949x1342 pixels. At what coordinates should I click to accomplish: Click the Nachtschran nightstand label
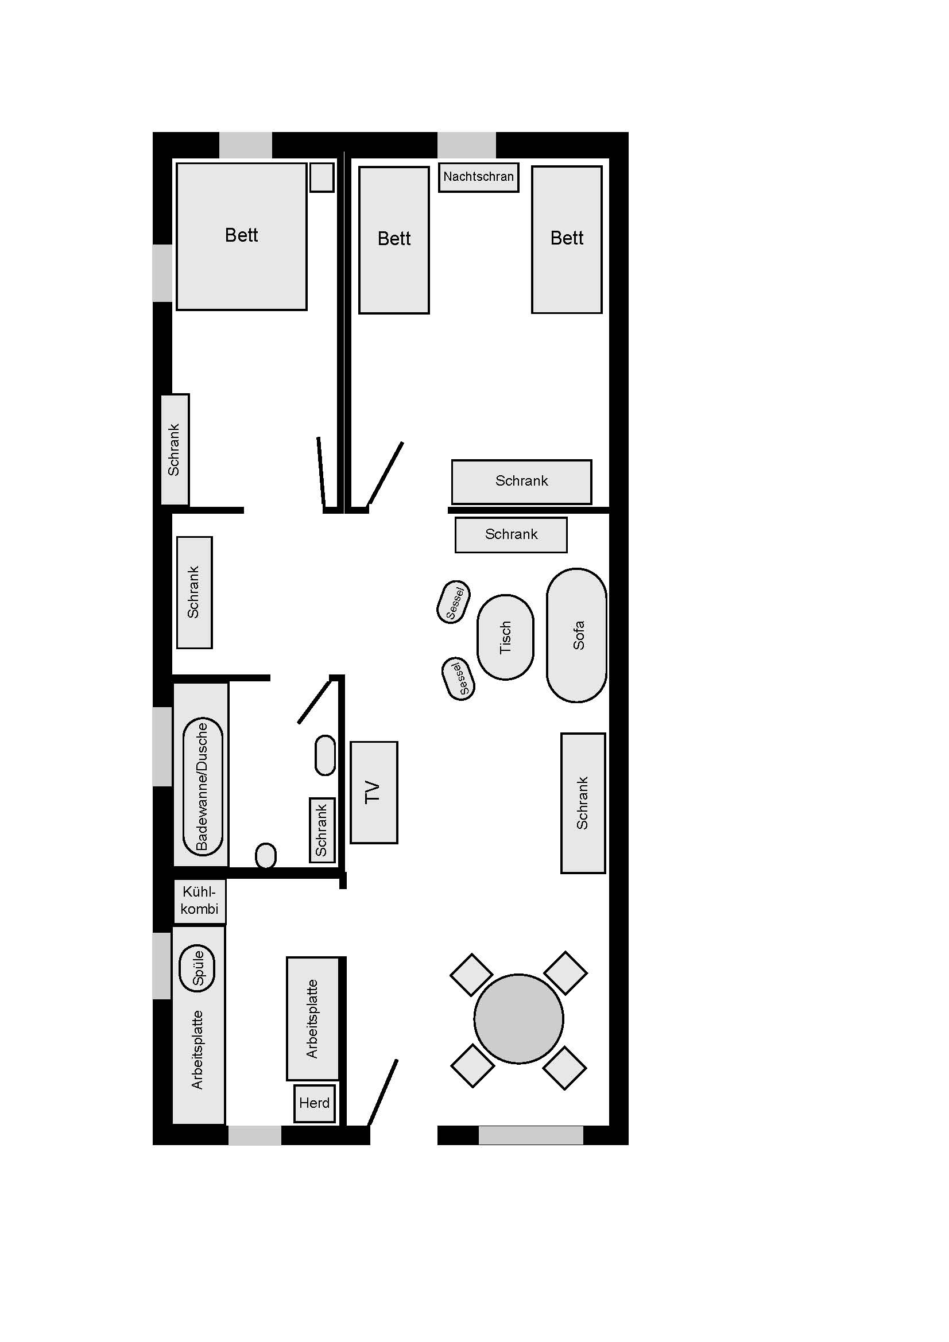[478, 177]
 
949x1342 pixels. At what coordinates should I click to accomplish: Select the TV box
[374, 792]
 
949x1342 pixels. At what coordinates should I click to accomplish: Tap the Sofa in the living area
[576, 635]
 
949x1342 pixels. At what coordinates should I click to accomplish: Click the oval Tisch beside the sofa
[505, 637]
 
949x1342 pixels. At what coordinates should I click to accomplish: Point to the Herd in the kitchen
[315, 1103]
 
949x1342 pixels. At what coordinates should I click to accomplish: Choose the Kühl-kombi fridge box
[199, 901]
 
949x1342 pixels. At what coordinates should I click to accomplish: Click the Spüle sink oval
[197, 968]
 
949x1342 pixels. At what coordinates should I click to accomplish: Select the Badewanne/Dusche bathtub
[202, 786]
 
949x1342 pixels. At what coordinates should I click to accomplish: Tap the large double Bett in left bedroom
[242, 236]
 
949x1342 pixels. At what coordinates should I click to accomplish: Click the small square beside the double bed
[322, 177]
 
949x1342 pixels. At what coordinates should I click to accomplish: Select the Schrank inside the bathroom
[322, 830]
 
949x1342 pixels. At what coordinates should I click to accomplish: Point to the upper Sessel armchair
[454, 602]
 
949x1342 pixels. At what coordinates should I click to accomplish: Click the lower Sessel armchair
[460, 678]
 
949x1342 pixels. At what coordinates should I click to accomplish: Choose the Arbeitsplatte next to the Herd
[312, 1018]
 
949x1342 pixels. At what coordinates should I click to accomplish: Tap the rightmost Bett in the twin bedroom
[567, 240]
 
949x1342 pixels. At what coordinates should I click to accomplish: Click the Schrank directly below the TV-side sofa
[583, 802]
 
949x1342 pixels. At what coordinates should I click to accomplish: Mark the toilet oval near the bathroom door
[325, 755]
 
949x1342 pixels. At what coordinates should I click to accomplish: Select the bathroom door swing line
[315, 701]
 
